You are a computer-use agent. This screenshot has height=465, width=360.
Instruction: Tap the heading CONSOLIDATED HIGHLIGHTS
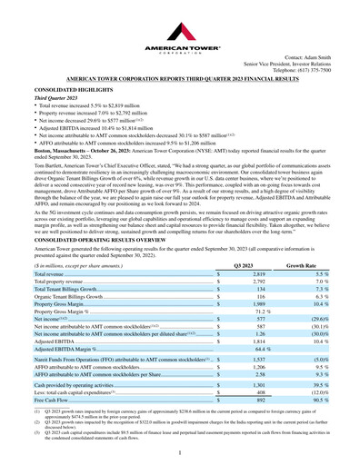tap(70, 92)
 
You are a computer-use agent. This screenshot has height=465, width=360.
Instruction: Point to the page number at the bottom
tap(180, 451)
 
